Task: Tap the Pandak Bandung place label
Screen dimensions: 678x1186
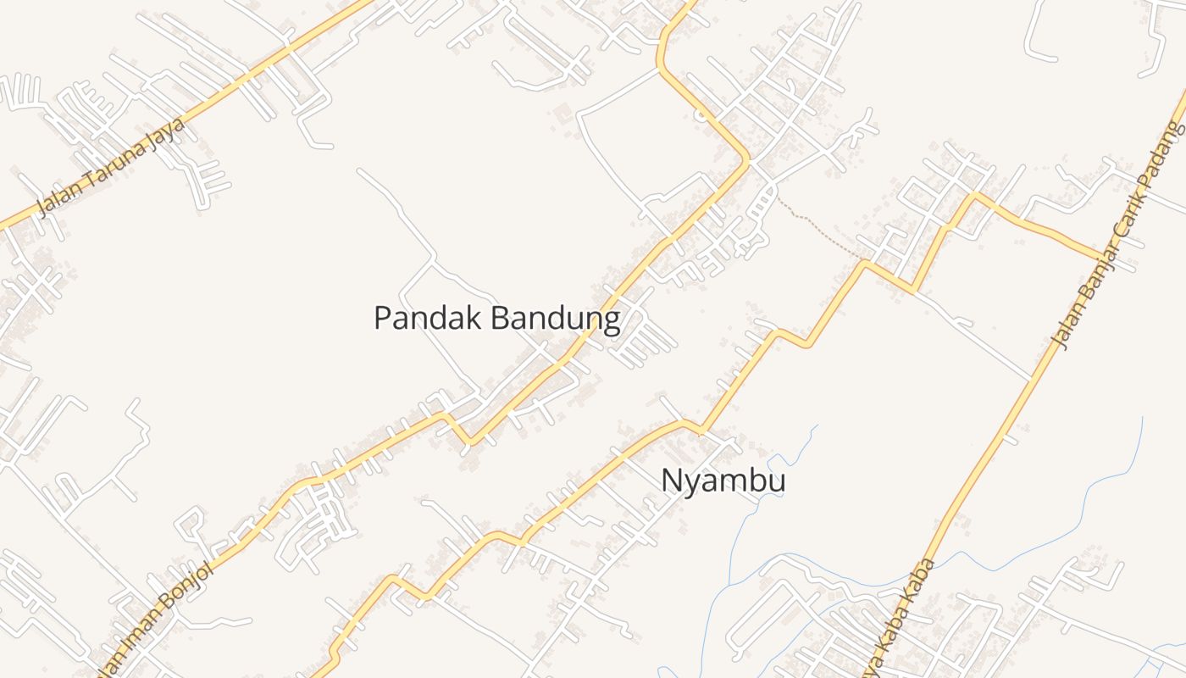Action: [496, 319]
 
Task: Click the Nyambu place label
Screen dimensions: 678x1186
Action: [723, 481]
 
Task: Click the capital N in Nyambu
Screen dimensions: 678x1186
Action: [671, 481]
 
